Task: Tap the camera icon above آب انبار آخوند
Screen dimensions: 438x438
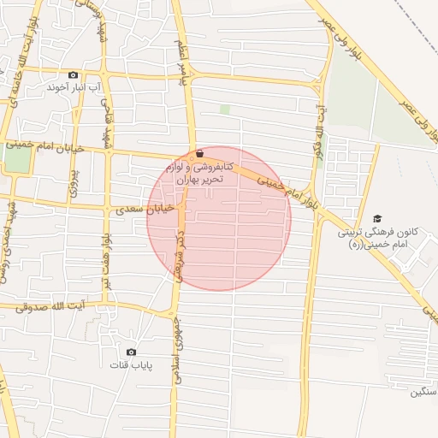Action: click(72, 74)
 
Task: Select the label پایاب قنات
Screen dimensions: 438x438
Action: click(130, 365)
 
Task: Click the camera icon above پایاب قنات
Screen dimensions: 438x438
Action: click(131, 352)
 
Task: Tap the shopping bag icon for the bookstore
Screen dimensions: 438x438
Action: click(199, 154)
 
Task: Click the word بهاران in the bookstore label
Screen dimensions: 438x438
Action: click(192, 180)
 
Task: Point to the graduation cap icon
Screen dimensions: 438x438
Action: click(378, 219)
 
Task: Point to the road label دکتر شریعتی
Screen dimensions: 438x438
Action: click(181, 257)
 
